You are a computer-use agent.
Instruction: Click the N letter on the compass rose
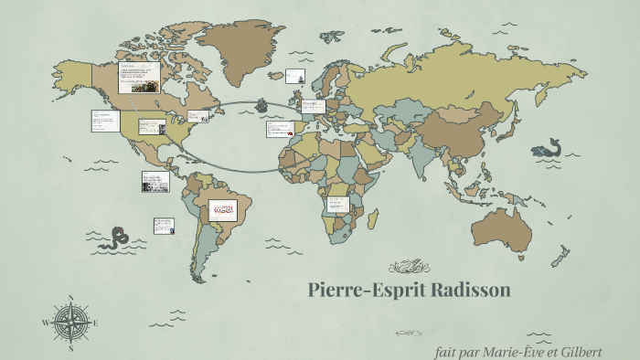pyautogui.click(x=71, y=298)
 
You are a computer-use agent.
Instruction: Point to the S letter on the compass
pyautogui.click(x=71, y=348)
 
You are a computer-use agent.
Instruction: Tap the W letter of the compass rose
pyautogui.click(x=45, y=323)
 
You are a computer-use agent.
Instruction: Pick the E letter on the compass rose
pyautogui.click(x=96, y=323)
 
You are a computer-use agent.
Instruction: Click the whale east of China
pyautogui.click(x=549, y=148)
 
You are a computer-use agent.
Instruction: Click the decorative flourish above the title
pyautogui.click(x=409, y=267)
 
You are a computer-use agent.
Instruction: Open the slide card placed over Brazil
pyautogui.click(x=222, y=210)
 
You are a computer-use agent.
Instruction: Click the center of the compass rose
pyautogui.click(x=71, y=323)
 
